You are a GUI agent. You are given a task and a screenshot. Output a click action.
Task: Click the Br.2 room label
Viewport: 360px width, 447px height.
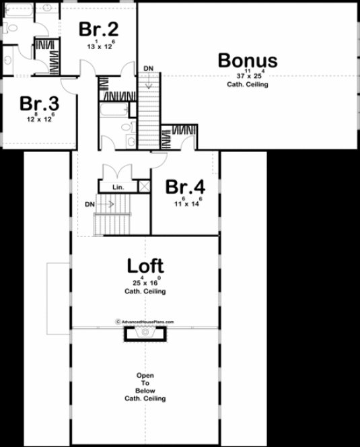(x=99, y=29)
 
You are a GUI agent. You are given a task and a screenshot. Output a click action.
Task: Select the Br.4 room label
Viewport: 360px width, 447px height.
(x=185, y=186)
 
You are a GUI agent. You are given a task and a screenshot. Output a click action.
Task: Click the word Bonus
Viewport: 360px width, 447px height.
(x=247, y=60)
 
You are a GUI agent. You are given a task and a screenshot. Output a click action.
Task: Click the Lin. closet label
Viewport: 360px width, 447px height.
(x=118, y=187)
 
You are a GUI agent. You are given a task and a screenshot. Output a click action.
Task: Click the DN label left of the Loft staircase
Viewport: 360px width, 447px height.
(x=90, y=203)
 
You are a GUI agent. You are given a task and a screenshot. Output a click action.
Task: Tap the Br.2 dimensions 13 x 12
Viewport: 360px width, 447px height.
(x=100, y=45)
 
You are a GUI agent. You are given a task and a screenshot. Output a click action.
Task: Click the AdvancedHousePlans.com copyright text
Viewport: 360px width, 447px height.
(x=145, y=322)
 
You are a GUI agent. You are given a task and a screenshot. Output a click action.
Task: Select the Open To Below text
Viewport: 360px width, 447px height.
(x=145, y=386)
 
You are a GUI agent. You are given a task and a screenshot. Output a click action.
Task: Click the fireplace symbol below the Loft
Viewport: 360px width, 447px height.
(x=144, y=335)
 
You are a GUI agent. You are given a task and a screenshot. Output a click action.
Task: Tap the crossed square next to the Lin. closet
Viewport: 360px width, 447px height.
(x=143, y=187)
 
